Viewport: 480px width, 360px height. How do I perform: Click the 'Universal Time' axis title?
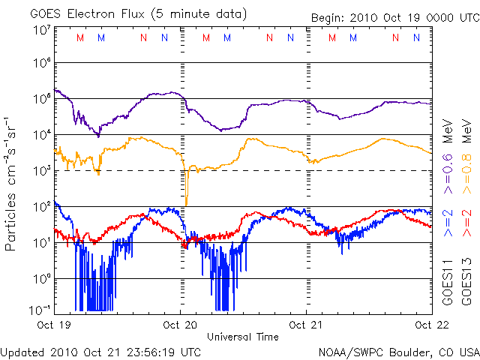(243, 337)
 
